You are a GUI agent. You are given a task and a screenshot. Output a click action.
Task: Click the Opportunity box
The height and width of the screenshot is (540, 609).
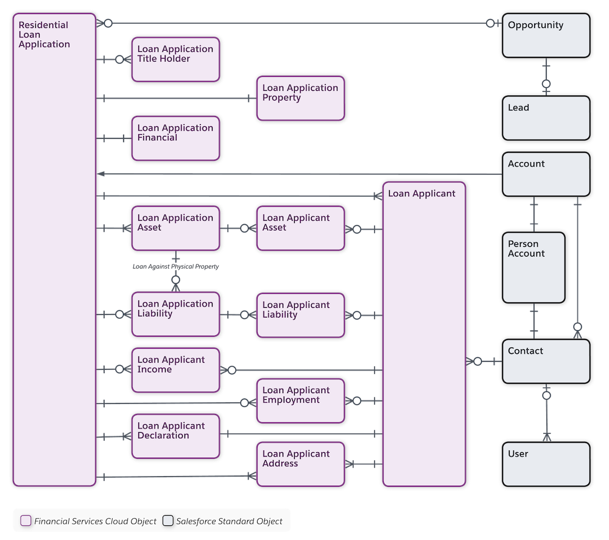(546, 36)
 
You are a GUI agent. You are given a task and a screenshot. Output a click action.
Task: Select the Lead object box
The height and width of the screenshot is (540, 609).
(546, 118)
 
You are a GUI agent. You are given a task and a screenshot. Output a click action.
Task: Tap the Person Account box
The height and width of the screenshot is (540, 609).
(533, 267)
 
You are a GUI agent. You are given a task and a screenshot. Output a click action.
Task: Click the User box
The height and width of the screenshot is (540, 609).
(546, 464)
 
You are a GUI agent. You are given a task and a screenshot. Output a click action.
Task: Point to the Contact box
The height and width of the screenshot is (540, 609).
(546, 361)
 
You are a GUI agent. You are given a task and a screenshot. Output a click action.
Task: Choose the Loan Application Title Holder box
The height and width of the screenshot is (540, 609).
(175, 59)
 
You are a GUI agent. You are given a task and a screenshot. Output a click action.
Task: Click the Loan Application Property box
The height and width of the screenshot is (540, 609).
(300, 98)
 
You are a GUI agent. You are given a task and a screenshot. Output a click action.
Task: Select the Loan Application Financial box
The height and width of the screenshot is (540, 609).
(175, 138)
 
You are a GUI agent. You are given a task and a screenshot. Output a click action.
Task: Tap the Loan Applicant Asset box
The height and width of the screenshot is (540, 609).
(300, 228)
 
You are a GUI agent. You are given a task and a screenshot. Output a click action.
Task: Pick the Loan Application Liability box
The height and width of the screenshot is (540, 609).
(175, 314)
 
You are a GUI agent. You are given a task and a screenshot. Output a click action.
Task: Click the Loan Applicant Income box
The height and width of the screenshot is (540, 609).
(175, 370)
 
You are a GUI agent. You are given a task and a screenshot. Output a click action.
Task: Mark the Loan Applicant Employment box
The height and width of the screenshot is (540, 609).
(300, 400)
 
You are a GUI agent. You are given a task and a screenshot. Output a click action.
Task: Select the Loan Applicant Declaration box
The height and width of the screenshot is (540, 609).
(175, 436)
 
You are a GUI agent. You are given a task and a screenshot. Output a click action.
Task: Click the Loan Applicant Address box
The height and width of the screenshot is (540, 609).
(300, 464)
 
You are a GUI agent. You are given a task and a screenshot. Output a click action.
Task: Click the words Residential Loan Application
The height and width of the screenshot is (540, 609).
(44, 35)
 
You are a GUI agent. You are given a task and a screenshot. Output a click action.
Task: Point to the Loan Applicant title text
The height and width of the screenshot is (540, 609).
(421, 194)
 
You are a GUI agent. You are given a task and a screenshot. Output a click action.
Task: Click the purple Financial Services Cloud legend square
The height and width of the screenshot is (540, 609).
(26, 521)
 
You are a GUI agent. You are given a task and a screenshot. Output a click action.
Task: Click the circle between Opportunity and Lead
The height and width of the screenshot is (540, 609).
(546, 83)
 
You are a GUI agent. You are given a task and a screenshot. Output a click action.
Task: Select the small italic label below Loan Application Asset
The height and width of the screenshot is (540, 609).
(175, 267)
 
